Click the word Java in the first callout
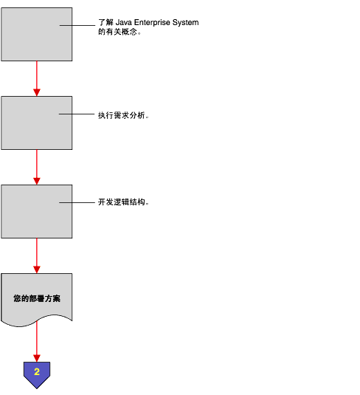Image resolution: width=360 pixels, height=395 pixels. pyautogui.click(x=124, y=22)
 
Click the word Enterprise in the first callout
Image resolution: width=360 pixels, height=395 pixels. pyautogui.click(x=152, y=23)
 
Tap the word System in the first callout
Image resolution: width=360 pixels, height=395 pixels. pyautogui.click(x=186, y=23)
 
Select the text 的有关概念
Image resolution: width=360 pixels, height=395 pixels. pyautogui.click(x=117, y=32)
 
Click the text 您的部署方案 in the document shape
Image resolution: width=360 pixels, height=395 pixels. pyautogui.click(x=37, y=298)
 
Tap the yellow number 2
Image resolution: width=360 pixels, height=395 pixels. pyautogui.click(x=37, y=371)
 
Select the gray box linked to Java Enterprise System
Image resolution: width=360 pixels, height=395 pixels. pyautogui.click(x=36, y=34)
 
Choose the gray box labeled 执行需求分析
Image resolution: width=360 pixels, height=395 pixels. pyautogui.click(x=36, y=123)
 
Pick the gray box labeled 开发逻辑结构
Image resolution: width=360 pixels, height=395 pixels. pyautogui.click(x=36, y=212)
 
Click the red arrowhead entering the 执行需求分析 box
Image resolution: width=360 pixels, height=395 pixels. pyautogui.click(x=37, y=92)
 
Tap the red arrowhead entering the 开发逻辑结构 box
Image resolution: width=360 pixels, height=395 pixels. pyautogui.click(x=37, y=181)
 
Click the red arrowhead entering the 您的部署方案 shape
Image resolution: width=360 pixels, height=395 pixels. pyautogui.click(x=37, y=269)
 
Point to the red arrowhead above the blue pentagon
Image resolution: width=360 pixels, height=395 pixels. pyautogui.click(x=37, y=358)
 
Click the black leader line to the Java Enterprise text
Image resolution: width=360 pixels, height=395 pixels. pyautogui.click(x=77, y=25)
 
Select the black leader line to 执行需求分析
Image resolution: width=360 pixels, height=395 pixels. pyautogui.click(x=77, y=114)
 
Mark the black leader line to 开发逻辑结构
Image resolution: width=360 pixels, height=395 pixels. pyautogui.click(x=77, y=202)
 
